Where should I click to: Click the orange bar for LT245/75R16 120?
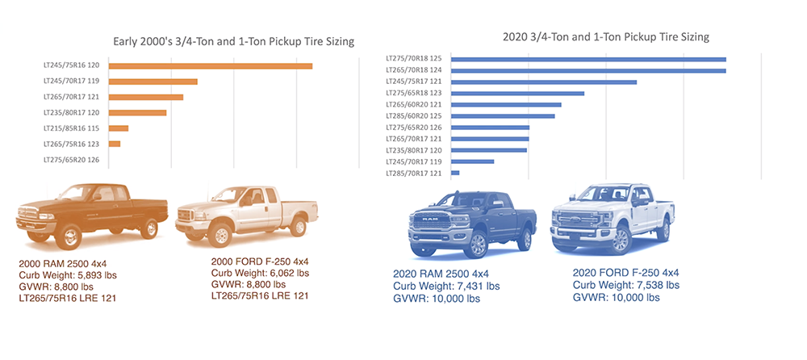click(210, 66)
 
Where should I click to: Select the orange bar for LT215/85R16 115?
click(118, 128)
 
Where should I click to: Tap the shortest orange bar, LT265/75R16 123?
click(114, 144)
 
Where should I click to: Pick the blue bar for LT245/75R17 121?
click(544, 82)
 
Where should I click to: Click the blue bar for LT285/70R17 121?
click(455, 173)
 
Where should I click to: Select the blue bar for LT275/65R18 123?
click(517, 94)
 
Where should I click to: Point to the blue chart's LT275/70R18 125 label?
click(412, 59)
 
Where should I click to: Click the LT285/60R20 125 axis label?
click(412, 116)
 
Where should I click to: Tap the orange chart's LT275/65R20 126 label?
click(72, 160)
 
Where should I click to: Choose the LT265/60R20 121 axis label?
click(412, 105)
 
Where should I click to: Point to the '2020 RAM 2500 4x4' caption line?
click(441, 274)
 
